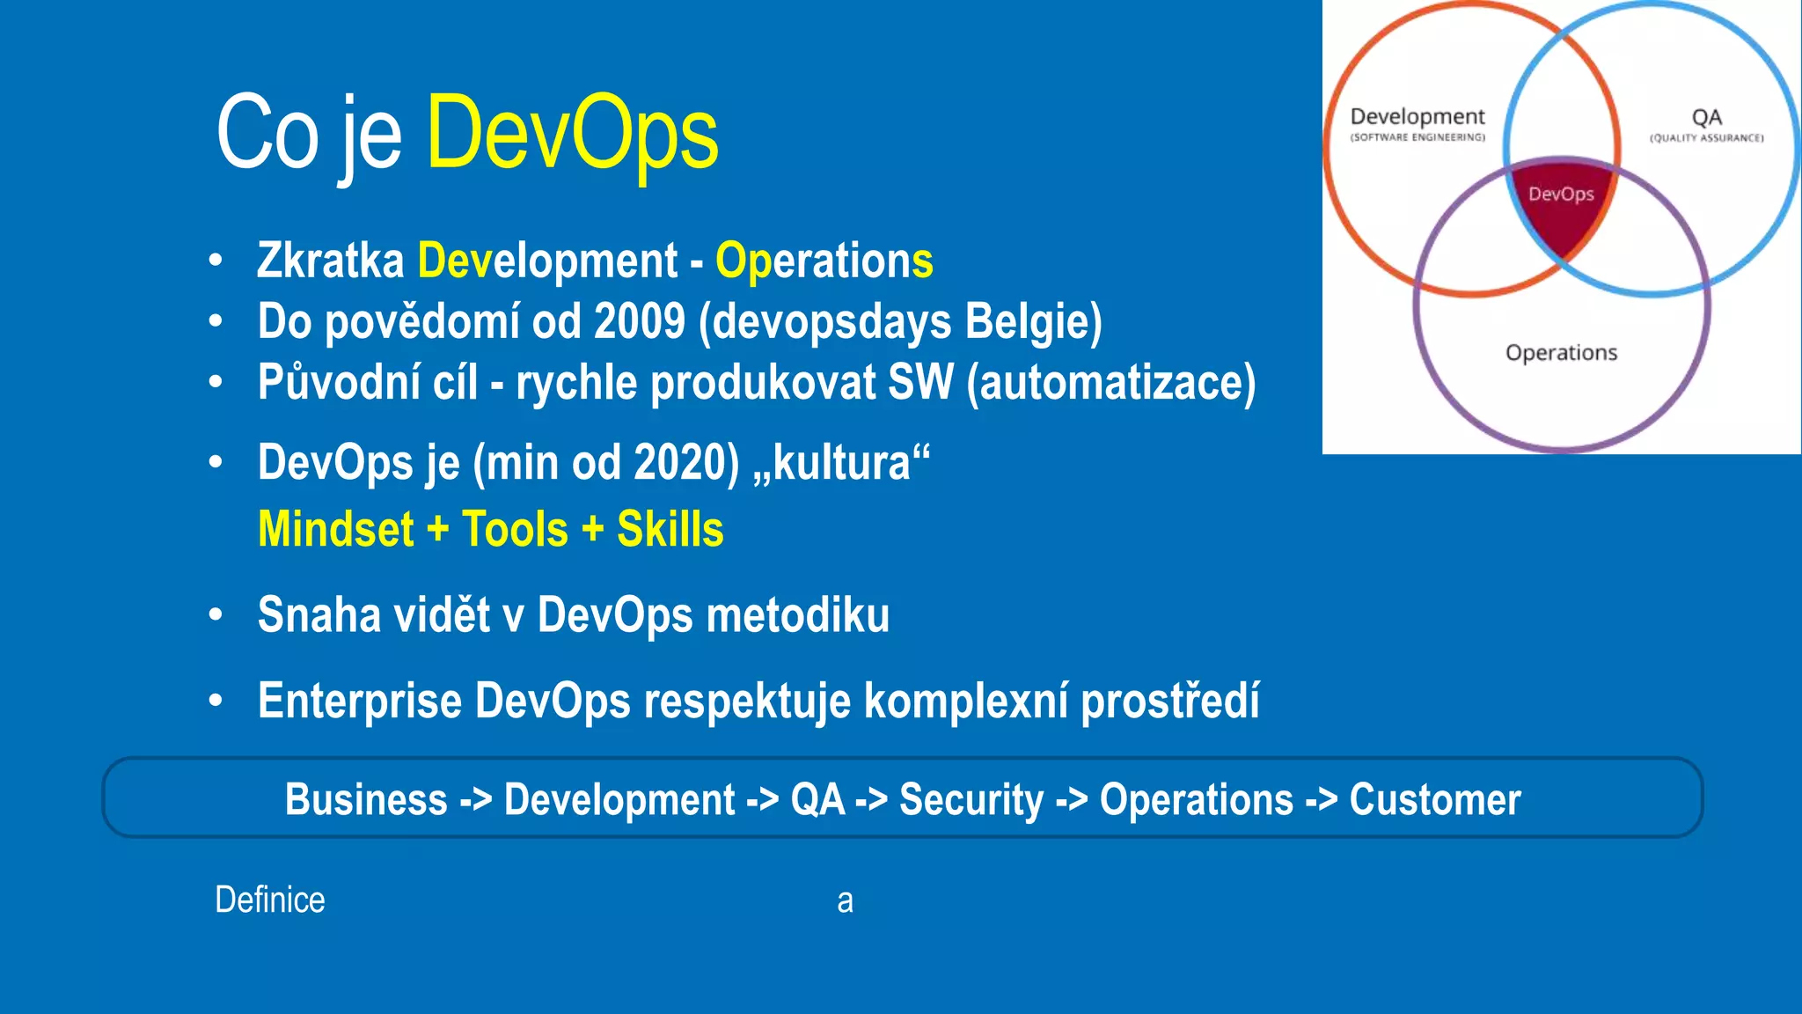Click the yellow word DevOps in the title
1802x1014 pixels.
pyautogui.click(x=572, y=134)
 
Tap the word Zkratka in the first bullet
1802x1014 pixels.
pyautogui.click(x=330, y=261)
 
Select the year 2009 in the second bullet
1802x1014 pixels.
pyautogui.click(x=639, y=321)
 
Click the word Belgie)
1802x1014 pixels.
pyautogui.click(x=1033, y=322)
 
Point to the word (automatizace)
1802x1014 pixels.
pyautogui.click(x=1110, y=383)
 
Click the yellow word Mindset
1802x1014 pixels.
pyautogui.click(x=335, y=529)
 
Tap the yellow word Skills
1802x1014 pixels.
pyautogui.click(x=670, y=529)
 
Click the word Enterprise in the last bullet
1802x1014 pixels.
pyautogui.click(x=359, y=702)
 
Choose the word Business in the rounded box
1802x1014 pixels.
pyautogui.click(x=366, y=800)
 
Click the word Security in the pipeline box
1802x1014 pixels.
pyautogui.click(x=971, y=800)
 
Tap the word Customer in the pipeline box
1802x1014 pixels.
pyautogui.click(x=1434, y=800)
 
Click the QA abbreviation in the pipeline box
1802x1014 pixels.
pyautogui.click(x=817, y=800)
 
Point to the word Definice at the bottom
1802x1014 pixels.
pyautogui.click(x=270, y=900)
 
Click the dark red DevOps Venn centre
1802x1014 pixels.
pyautogui.click(x=1561, y=211)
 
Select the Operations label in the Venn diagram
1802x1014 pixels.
pyautogui.click(x=1561, y=353)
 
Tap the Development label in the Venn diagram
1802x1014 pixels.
pyautogui.click(x=1417, y=117)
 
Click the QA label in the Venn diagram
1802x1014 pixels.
pyautogui.click(x=1706, y=118)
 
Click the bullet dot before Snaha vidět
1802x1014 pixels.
pyautogui.click(x=216, y=615)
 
